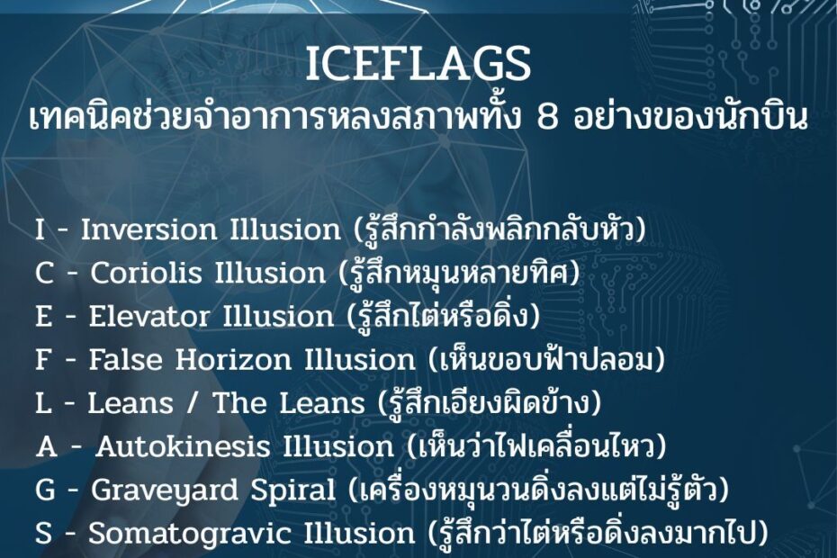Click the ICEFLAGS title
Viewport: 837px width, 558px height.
pyautogui.click(x=418, y=64)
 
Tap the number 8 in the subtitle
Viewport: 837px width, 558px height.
pyautogui.click(x=547, y=118)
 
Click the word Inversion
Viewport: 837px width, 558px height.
pyautogui.click(x=148, y=229)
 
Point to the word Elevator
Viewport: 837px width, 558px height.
pyautogui.click(x=148, y=316)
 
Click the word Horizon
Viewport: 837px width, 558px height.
pyautogui.click(x=233, y=359)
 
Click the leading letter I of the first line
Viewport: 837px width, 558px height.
pyautogui.click(x=40, y=229)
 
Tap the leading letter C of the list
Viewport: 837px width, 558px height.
pyautogui.click(x=44, y=273)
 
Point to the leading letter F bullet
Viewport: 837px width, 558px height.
pyautogui.click(x=44, y=359)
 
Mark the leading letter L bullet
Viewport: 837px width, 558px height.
pyautogui.click(x=44, y=403)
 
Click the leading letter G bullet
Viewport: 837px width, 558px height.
pyautogui.click(x=45, y=490)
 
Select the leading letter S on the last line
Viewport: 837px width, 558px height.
pyautogui.click(x=44, y=534)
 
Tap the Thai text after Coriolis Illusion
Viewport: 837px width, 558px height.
pyautogui.click(x=460, y=273)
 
